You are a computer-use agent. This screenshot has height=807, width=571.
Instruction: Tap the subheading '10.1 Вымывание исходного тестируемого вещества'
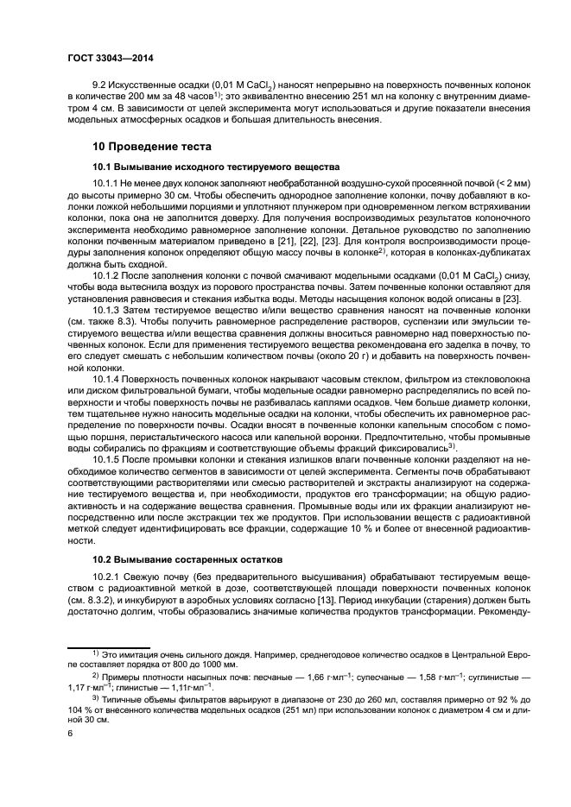[204, 166]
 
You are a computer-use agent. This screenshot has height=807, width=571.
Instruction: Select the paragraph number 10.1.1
[106, 184]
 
